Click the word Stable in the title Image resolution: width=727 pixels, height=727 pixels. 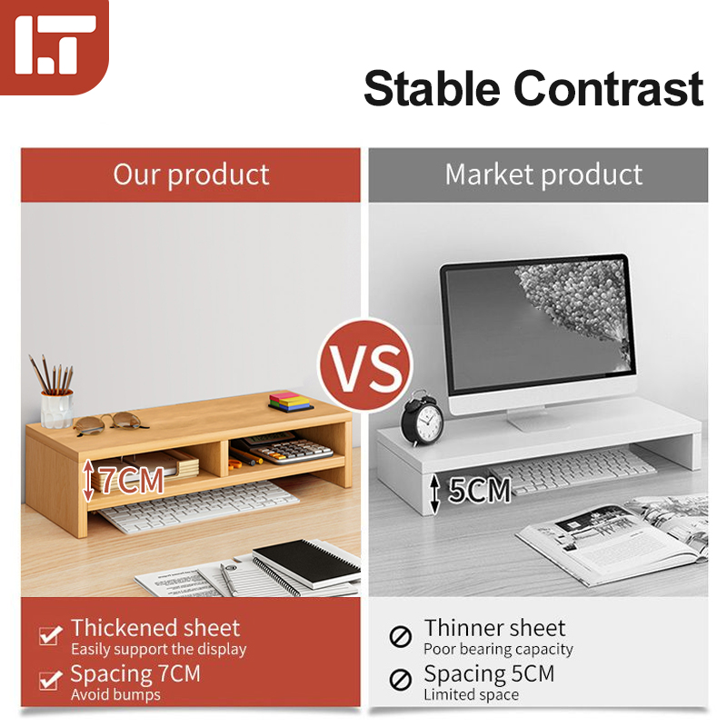click(x=431, y=89)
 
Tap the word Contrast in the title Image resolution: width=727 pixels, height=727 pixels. click(x=608, y=89)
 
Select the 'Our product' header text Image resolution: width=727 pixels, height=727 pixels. click(x=191, y=174)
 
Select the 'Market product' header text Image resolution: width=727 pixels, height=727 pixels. click(x=543, y=174)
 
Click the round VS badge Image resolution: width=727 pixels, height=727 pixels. click(x=364, y=367)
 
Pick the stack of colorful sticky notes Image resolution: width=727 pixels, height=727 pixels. click(x=291, y=401)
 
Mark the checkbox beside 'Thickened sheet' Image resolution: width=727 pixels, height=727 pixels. click(x=50, y=636)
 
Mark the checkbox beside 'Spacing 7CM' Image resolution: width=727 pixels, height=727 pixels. click(x=50, y=680)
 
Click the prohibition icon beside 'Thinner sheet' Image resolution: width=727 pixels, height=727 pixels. click(x=401, y=636)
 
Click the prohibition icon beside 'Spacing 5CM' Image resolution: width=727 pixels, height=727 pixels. click(x=401, y=680)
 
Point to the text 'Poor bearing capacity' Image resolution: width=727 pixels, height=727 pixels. click(x=498, y=649)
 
